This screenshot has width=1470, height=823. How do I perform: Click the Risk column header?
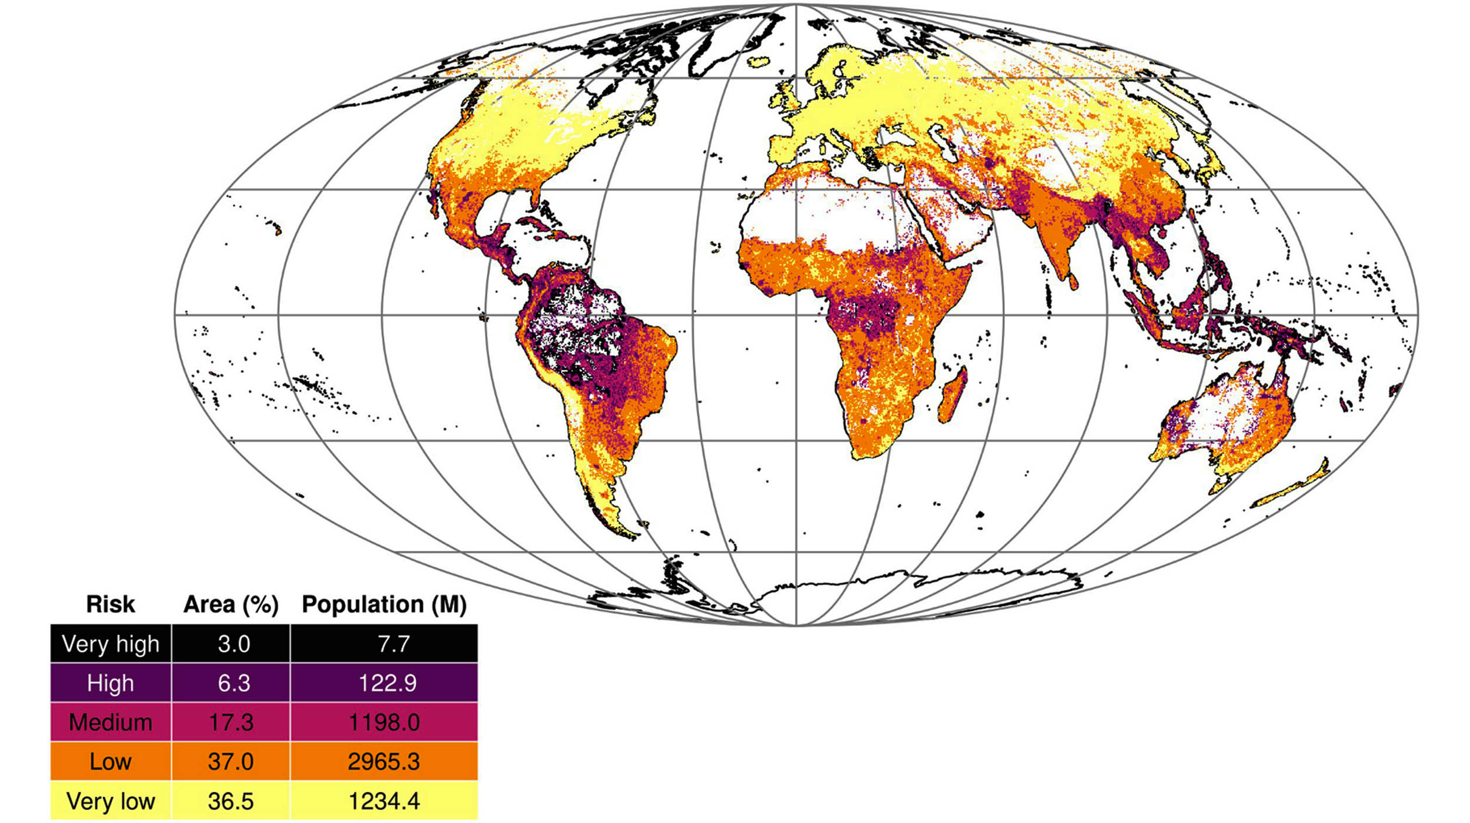point(111,604)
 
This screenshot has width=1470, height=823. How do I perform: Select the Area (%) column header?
point(230,604)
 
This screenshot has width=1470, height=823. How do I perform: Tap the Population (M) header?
point(384,604)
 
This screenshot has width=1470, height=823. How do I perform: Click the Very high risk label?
point(111,644)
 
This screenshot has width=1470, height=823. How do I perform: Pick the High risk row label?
point(111,683)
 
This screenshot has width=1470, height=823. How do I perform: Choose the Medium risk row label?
point(111,722)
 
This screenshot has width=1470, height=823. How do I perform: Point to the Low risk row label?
point(111,762)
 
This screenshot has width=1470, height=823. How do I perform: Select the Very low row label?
point(111,801)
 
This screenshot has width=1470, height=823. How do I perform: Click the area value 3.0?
point(233,644)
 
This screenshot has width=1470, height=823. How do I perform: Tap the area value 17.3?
point(231,722)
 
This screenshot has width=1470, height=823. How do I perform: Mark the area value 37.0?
point(230,762)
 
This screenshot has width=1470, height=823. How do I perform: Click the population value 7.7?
point(393,644)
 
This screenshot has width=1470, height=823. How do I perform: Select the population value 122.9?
point(387,683)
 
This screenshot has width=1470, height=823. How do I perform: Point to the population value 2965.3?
point(384,762)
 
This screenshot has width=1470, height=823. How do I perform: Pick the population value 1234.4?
point(384,801)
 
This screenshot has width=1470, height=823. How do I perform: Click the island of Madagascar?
point(953,394)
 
